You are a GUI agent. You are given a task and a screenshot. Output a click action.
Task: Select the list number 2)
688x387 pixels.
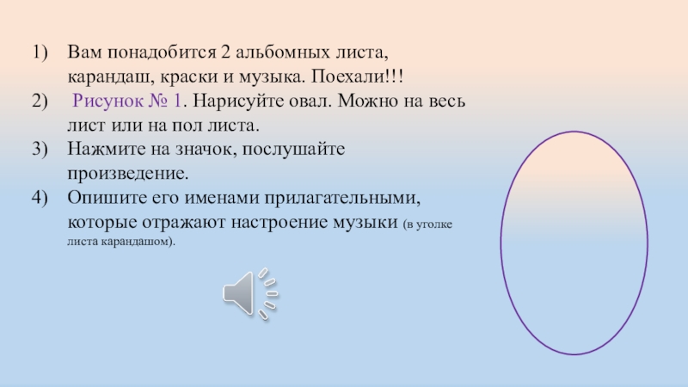pyautogui.click(x=41, y=101)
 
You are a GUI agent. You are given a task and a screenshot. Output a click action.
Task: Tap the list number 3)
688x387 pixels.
pyautogui.click(x=41, y=150)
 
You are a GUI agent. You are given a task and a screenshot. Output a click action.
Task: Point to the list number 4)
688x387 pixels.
pyautogui.click(x=41, y=198)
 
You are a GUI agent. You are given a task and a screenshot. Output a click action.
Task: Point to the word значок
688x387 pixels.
pyautogui.click(x=199, y=150)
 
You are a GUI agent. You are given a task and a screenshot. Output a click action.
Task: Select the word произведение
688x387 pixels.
pyautogui.click(x=126, y=174)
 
